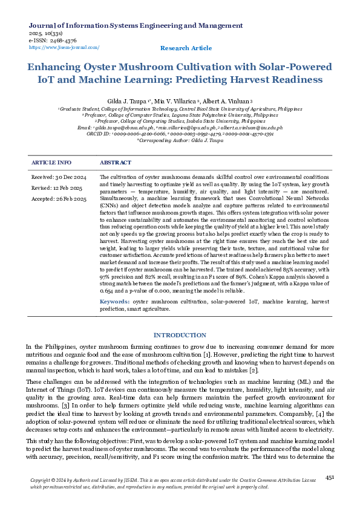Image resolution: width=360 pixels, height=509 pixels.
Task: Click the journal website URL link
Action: [x=64, y=47]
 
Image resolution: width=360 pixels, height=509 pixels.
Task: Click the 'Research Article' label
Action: [x=186, y=48]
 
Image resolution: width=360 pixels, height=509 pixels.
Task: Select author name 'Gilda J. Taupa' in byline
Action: [x=129, y=101]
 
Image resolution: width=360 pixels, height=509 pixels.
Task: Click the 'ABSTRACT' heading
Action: [x=115, y=163]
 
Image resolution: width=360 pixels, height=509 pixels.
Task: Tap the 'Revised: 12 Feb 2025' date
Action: [x=57, y=187]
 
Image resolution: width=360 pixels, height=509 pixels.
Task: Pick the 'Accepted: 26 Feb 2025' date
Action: [x=59, y=198]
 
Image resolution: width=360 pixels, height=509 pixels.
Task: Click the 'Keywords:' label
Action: [x=115, y=300]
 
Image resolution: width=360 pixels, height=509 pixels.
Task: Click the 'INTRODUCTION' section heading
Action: [x=180, y=335]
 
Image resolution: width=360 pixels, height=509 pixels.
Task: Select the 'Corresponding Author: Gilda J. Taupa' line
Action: [x=180, y=140]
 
